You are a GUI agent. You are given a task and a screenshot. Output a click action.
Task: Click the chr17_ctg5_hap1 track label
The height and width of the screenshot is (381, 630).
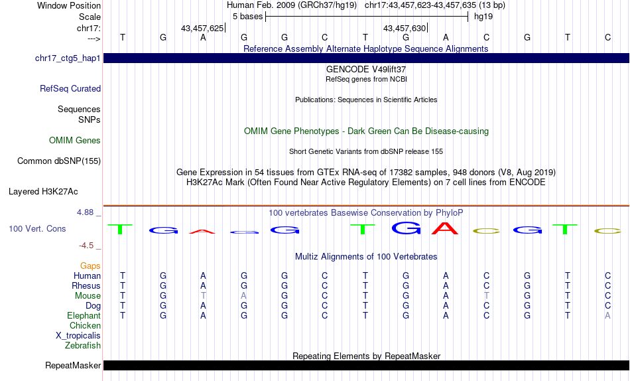(68, 58)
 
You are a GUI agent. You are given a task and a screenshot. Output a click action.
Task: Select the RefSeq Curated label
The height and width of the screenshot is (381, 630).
(70, 88)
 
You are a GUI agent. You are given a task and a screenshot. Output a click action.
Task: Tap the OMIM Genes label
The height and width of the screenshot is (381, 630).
(75, 141)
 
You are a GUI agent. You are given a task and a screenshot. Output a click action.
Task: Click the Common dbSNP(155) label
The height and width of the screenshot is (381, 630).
(59, 161)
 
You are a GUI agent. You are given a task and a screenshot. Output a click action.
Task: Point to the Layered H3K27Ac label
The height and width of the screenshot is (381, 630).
(43, 192)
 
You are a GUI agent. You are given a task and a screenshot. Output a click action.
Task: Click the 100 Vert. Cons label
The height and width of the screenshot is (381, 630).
(37, 228)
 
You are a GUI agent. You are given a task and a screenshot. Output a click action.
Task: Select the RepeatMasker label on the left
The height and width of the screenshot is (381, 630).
(73, 365)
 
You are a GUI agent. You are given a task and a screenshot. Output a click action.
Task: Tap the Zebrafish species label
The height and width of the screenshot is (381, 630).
(83, 346)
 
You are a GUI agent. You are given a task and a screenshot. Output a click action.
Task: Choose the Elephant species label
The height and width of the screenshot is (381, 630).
(84, 316)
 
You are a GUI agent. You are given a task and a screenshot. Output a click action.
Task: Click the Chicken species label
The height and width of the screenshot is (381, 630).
(85, 325)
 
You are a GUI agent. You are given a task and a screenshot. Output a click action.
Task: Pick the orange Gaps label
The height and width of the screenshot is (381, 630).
(90, 266)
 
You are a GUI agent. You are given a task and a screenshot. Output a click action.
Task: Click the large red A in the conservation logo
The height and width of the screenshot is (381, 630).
(445, 228)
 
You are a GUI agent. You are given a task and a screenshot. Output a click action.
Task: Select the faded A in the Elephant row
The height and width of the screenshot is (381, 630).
(607, 316)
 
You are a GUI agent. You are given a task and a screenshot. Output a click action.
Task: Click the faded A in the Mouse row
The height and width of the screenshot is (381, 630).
(243, 296)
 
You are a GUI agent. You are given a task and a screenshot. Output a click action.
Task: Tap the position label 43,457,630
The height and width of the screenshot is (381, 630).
(405, 28)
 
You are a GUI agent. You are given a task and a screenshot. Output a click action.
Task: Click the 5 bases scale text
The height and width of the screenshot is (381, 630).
(248, 17)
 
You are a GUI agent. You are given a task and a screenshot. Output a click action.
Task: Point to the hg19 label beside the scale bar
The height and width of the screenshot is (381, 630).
(483, 17)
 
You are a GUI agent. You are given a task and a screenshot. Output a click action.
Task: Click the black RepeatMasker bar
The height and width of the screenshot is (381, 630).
(367, 365)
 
